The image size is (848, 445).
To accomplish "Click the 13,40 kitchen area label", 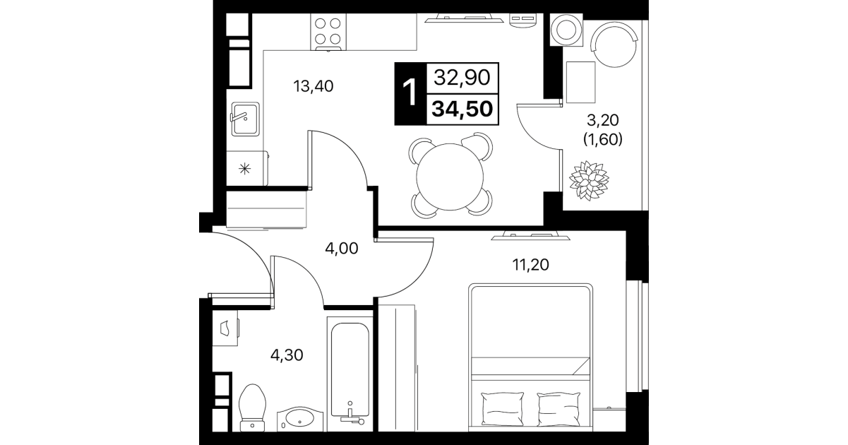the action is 313,86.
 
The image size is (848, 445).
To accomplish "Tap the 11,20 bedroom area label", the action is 530,265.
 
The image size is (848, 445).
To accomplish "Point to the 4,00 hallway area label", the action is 342,249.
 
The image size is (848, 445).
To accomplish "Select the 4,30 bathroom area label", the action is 287,355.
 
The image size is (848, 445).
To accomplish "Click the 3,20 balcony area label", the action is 603,121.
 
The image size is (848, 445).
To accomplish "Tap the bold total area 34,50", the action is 462,109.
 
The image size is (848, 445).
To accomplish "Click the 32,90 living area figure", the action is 462,78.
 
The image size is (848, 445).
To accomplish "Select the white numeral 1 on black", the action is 410,93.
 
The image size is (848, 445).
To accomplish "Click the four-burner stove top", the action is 328,32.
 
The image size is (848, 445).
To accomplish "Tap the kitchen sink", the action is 245,119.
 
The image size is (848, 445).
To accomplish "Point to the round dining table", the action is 450,177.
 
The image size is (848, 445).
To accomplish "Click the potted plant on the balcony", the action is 589,180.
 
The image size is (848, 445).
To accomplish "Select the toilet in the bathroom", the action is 253,408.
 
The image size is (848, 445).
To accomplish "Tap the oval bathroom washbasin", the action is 299,419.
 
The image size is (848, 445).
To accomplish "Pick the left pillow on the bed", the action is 502,410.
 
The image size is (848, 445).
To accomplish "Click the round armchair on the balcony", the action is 614,44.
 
